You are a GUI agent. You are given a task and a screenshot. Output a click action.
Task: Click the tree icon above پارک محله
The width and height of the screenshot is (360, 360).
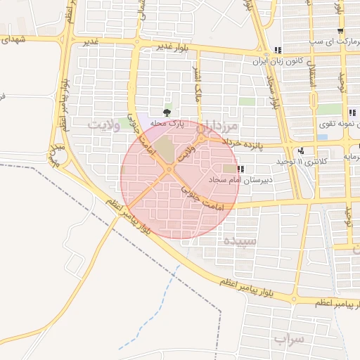pos(167,112)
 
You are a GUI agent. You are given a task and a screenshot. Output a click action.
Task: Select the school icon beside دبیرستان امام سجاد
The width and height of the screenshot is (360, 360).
pos(241,169)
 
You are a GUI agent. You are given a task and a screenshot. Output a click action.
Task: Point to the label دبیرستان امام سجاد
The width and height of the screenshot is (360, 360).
pos(238,181)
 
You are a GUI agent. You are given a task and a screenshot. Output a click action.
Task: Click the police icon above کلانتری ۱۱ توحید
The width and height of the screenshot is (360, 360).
pos(302,150)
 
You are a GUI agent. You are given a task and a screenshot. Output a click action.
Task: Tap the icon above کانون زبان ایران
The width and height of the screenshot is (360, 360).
pos(278,51)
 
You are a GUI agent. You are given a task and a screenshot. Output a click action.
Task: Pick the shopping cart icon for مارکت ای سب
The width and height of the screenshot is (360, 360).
pos(341,32)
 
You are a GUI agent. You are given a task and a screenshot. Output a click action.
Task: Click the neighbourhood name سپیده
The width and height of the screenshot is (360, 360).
pos(240,240)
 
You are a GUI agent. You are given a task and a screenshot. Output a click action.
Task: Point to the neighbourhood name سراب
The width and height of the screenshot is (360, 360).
pos(289,340)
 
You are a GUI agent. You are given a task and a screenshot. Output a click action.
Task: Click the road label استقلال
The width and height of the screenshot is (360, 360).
pos(311,88)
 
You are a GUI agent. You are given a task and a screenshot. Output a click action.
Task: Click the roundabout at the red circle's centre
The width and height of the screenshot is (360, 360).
pos(169,169)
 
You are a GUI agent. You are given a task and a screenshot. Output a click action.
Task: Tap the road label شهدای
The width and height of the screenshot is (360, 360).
pos(13,40)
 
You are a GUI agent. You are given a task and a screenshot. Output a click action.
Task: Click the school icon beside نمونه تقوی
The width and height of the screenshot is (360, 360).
pos(352,112)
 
